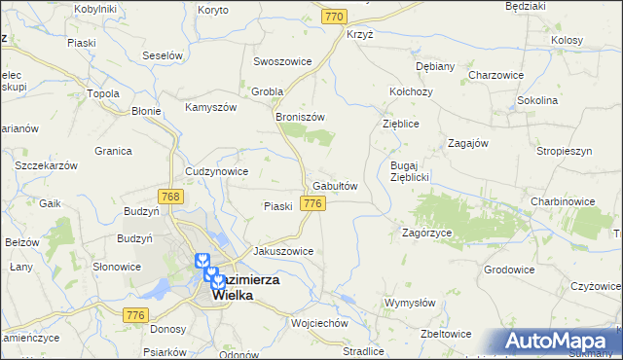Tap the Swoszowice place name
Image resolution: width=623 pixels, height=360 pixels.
[x=282, y=60]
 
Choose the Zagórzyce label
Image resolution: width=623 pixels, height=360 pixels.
[x=426, y=234]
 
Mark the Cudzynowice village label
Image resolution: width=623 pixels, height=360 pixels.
[x=216, y=171]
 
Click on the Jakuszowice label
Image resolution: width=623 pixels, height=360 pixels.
[x=283, y=250]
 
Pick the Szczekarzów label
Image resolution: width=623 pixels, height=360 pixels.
[x=47, y=165]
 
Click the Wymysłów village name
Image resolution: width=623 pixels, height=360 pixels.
[x=408, y=303]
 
